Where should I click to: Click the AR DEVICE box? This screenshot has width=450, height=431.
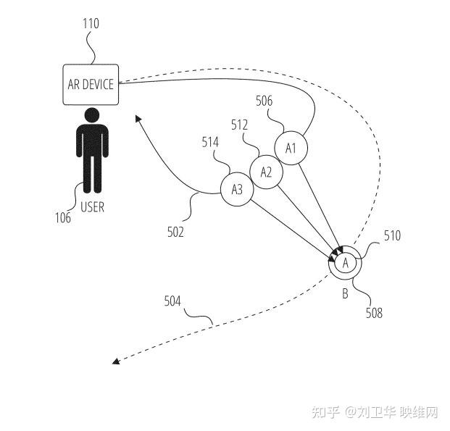pos(91,85)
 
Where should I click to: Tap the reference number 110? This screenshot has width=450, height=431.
pos(91,24)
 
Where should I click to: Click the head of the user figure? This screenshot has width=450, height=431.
pos(91,114)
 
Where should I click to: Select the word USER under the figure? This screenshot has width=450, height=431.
pos(92,207)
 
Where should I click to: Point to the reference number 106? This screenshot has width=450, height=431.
pos(63,217)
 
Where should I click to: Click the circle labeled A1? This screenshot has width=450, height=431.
pos(291,148)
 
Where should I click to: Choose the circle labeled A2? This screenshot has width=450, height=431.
pos(266,172)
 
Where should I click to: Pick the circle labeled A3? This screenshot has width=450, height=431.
pos(237,190)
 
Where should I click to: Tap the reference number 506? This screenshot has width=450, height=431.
pos(264,101)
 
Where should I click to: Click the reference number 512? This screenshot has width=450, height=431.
pos(240,125)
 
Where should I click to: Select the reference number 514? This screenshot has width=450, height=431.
pos(211,143)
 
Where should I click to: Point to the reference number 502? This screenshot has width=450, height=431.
pos(175,232)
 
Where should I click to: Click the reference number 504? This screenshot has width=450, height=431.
pos(172,300)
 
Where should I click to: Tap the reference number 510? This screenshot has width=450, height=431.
pos(392,235)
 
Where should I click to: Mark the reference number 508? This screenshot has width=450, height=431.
pos(374,313)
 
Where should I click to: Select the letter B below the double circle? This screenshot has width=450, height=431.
pos(345,294)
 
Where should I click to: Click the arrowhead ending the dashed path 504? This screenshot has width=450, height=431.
pos(116,361)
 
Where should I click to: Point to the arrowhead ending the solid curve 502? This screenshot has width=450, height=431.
pos(137,117)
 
